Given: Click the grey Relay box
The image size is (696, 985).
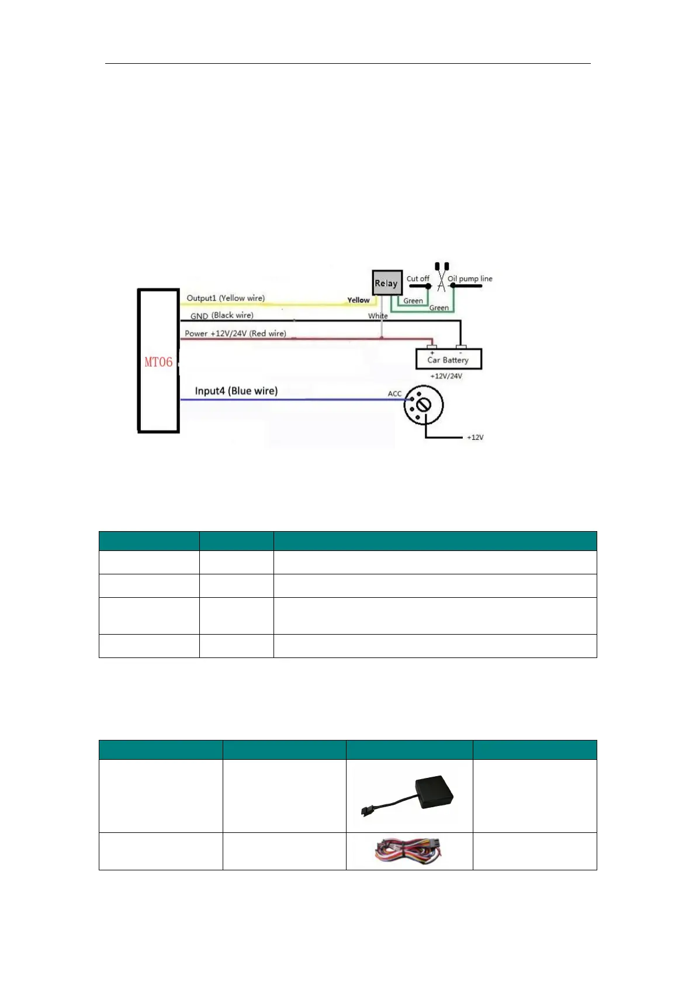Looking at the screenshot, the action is (x=386, y=283).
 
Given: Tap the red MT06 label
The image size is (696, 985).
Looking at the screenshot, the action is (x=158, y=362).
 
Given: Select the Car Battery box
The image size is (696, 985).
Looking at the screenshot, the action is (x=448, y=359).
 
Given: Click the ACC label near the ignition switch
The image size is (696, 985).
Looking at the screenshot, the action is (x=394, y=394).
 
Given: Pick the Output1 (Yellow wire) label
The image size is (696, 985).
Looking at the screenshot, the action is (x=226, y=298).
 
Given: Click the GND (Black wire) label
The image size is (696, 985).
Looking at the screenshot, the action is (x=222, y=316).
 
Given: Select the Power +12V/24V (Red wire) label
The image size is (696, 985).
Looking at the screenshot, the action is (x=236, y=333).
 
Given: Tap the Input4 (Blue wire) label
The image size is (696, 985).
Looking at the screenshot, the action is (x=236, y=391).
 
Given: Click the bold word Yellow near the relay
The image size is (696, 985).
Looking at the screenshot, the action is (x=358, y=300).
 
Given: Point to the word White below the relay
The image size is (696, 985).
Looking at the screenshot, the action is (x=378, y=316).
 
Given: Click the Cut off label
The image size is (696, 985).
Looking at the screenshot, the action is (x=418, y=279).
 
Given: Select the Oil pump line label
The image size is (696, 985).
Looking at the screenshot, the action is (x=470, y=279).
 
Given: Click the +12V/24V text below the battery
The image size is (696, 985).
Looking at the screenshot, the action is (x=446, y=376).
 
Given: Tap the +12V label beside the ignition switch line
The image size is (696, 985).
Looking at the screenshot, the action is (x=475, y=438).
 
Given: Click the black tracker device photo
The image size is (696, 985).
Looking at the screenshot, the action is (x=409, y=795).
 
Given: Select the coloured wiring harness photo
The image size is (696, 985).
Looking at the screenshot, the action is (x=409, y=851).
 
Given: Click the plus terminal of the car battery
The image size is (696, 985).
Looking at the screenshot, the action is (x=432, y=347).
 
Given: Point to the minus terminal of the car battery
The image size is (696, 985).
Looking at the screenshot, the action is (x=461, y=347).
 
